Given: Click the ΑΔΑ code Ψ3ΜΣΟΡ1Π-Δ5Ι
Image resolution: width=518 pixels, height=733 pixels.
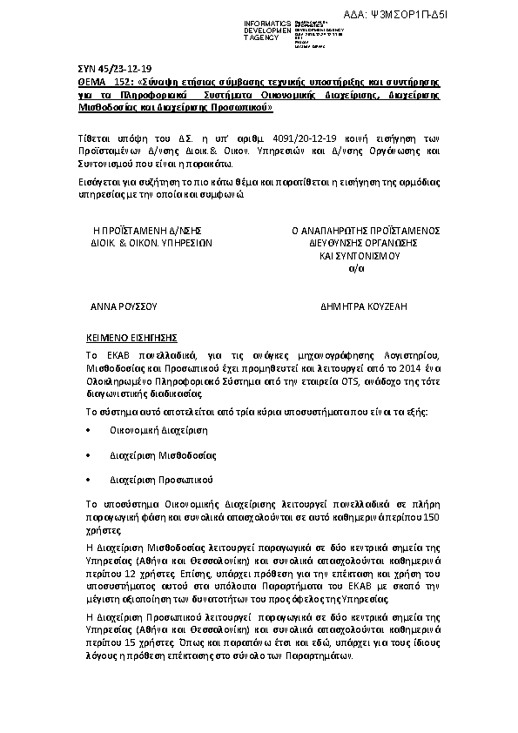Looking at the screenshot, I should point(447,16).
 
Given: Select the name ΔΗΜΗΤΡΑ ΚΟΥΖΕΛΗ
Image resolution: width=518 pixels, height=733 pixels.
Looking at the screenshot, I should point(364,307).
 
